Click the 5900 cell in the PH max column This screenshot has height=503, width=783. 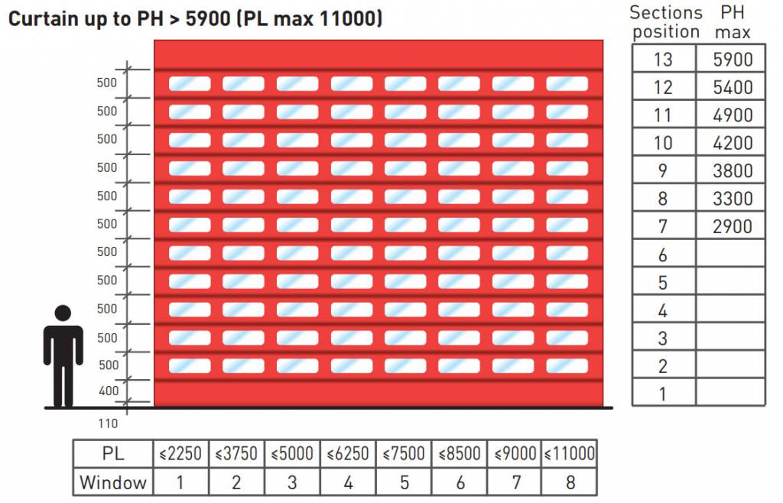(732, 60)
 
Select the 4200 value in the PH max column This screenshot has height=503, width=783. (732, 143)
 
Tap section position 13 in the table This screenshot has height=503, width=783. (663, 60)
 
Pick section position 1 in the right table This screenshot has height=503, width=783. (662, 394)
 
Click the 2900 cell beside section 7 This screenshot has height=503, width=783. (732, 226)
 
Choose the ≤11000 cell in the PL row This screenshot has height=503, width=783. (569, 453)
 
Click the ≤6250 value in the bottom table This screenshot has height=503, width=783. (348, 453)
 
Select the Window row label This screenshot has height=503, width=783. (112, 482)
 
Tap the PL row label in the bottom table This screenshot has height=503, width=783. (112, 453)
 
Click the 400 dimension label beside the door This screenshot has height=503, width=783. (109, 391)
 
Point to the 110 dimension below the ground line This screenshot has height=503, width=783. (108, 423)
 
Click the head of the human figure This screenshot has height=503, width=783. (63, 313)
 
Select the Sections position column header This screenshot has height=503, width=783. (665, 22)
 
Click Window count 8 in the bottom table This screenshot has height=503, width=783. (569, 482)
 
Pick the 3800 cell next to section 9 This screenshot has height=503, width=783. (732, 170)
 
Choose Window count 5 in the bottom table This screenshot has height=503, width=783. (404, 482)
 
